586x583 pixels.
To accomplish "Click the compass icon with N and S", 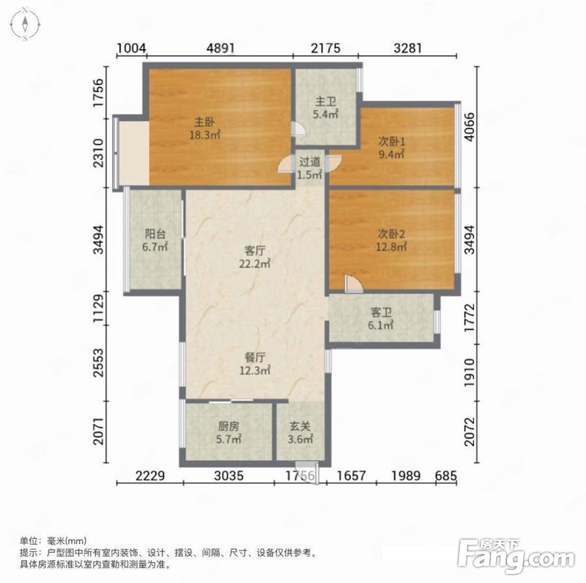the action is (25, 23).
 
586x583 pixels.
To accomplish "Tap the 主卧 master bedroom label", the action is (204, 122).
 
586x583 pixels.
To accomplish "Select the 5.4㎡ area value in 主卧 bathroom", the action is (326, 114).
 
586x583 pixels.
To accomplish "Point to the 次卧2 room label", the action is (391, 234).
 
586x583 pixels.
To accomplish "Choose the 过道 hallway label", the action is (310, 162).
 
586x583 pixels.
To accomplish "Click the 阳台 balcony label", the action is (155, 234).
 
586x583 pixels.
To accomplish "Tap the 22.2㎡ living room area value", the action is (255, 263).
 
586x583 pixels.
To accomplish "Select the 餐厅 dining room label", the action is (255, 358).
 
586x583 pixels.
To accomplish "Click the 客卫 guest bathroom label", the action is (381, 312).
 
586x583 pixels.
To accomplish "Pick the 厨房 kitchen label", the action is (229, 426).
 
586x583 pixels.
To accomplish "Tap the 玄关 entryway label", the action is (300, 426).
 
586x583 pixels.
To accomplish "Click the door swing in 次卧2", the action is (354, 284).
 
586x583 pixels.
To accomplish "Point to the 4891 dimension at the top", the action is (221, 48).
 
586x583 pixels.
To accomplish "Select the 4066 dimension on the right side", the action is (470, 127).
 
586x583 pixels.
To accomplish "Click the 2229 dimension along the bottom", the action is (150, 475).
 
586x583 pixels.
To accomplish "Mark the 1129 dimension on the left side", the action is (98, 308).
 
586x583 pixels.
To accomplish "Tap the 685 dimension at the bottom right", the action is (446, 475).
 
